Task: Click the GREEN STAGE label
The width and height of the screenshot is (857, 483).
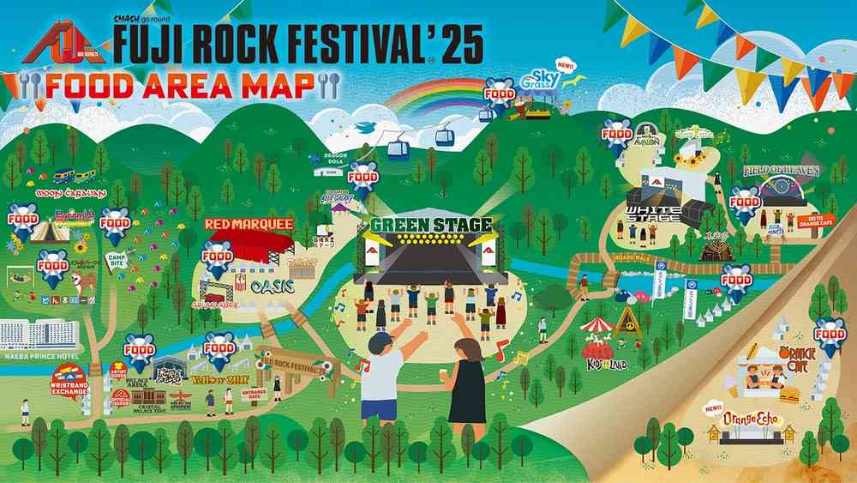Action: point(431,226)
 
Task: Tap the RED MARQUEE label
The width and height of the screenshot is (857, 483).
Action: point(249,224)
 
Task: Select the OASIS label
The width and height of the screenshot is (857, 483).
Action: point(273,285)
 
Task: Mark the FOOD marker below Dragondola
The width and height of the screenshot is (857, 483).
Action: point(364,178)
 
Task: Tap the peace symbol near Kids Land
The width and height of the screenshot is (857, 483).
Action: point(625,323)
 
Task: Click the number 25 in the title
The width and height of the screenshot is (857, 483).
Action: point(458,39)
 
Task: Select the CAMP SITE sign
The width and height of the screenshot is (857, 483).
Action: point(117,259)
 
